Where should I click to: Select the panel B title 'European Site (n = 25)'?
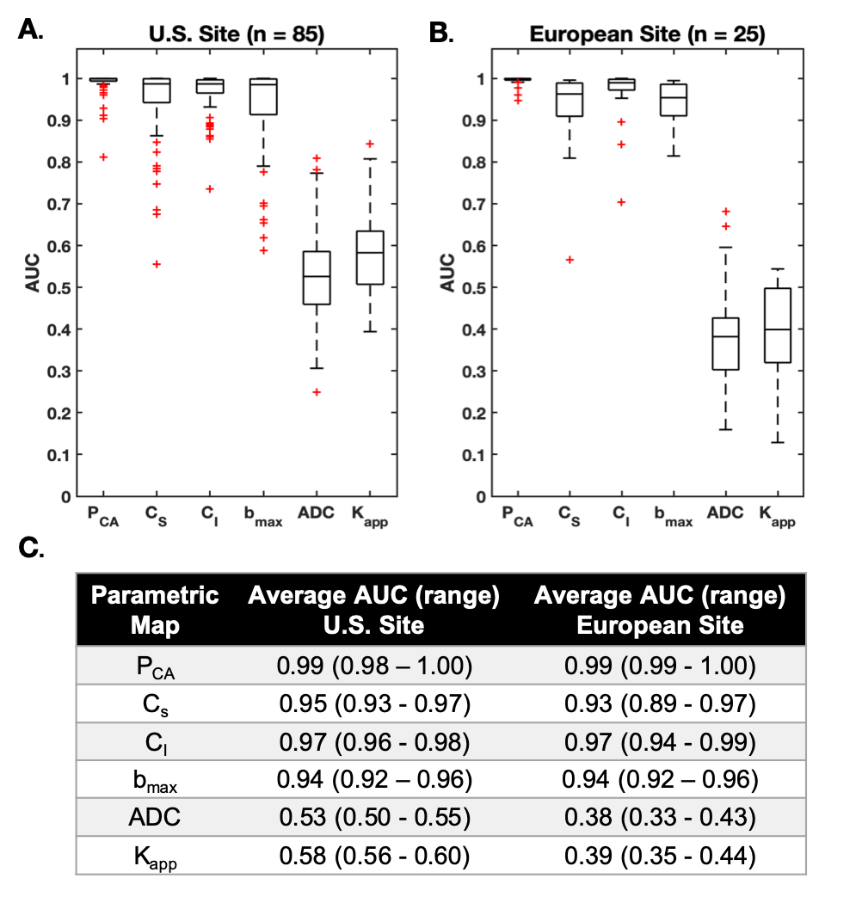(x=647, y=35)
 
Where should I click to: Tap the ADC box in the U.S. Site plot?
(x=317, y=278)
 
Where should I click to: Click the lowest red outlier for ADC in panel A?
(x=317, y=392)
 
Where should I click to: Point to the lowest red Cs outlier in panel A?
(x=156, y=264)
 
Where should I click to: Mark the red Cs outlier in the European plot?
(x=569, y=260)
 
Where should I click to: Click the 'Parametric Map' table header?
(x=155, y=610)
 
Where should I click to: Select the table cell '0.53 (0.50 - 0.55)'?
(x=374, y=818)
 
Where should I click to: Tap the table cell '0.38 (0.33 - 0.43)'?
(x=659, y=818)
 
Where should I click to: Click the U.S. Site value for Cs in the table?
(x=374, y=705)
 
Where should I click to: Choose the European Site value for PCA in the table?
(x=659, y=667)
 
